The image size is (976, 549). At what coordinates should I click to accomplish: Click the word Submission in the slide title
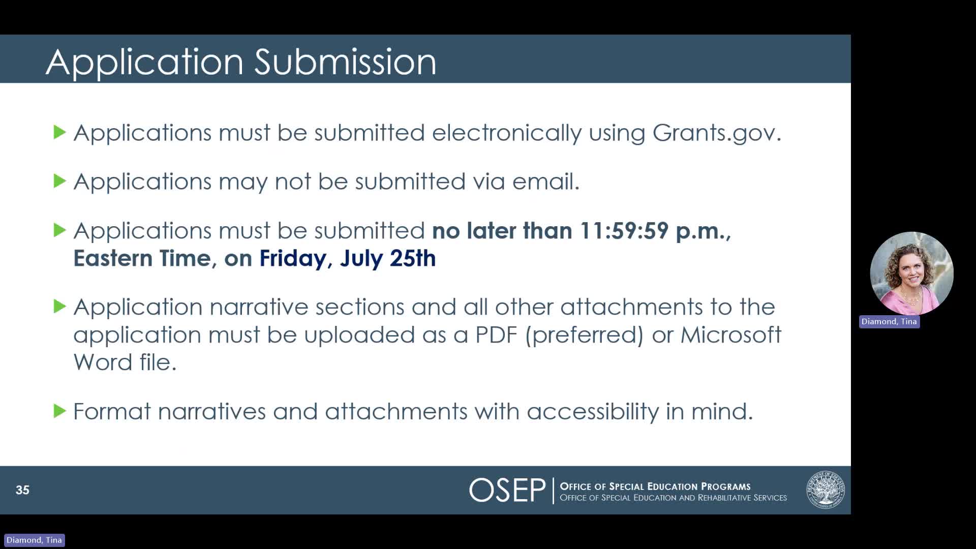(x=345, y=62)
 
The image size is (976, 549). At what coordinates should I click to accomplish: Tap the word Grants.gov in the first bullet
(x=716, y=133)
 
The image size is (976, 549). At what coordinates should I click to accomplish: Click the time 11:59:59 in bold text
(x=624, y=231)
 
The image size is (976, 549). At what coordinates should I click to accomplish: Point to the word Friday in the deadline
(x=293, y=258)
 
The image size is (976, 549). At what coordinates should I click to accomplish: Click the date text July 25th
(x=388, y=258)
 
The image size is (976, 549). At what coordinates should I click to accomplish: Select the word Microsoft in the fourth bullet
(x=730, y=335)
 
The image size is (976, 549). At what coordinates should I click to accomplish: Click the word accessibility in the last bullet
(x=593, y=411)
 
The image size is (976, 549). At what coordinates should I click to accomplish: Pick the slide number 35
(x=22, y=490)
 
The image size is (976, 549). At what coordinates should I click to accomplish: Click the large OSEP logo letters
(x=507, y=491)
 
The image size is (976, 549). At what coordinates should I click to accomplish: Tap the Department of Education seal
(x=825, y=490)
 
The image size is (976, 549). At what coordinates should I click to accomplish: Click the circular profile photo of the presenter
(x=911, y=273)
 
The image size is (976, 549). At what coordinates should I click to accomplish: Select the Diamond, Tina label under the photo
(x=889, y=322)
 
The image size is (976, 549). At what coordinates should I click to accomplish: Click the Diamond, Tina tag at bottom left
(x=34, y=540)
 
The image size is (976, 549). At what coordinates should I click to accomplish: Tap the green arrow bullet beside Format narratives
(x=60, y=411)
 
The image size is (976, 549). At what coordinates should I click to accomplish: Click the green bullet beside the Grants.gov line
(x=60, y=132)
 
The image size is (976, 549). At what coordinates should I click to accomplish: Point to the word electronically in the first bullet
(x=506, y=133)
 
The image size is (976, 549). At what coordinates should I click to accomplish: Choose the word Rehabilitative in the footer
(x=726, y=498)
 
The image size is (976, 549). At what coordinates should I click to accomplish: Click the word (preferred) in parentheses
(x=585, y=335)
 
